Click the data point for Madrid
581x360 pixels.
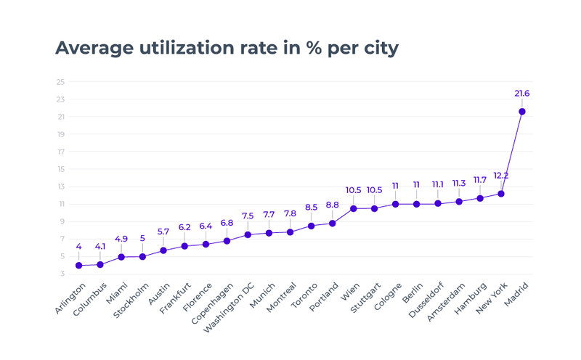click(x=521, y=111)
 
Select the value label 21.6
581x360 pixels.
click(x=521, y=94)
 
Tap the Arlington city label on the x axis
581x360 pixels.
click(x=70, y=298)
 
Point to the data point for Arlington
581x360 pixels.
click(x=78, y=266)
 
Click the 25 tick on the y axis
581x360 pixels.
click(x=60, y=82)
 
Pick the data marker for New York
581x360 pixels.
click(x=500, y=194)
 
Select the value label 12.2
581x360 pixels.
click(x=500, y=176)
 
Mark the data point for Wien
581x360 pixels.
click(x=353, y=208)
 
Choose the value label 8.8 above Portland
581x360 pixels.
click(x=332, y=205)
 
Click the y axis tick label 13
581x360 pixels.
click(x=60, y=187)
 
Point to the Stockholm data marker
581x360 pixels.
click(x=142, y=256)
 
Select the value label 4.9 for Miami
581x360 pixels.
click(x=121, y=239)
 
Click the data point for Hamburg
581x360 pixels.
click(x=479, y=198)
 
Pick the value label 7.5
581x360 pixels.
click(x=248, y=216)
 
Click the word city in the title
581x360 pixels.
click(x=379, y=48)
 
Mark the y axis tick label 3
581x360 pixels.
click(x=62, y=274)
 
